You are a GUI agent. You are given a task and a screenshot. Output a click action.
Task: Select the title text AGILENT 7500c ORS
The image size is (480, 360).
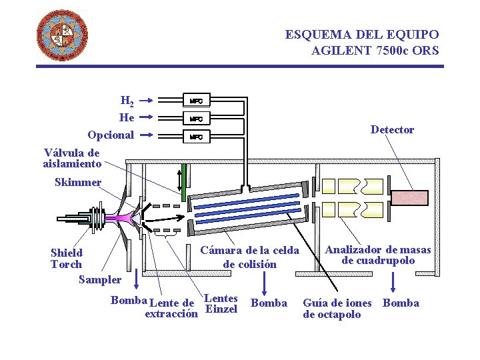pos(375,49)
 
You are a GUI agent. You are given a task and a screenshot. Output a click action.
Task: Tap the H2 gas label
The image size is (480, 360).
pos(127,101)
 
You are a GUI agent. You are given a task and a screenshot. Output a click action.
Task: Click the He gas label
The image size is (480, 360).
pos(127,118)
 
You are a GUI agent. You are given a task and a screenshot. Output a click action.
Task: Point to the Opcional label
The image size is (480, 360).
pos(111,135)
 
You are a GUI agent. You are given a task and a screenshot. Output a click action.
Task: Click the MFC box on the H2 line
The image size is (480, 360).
pos(197,101)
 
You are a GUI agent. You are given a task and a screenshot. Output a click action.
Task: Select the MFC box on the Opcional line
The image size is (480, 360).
pos(197,137)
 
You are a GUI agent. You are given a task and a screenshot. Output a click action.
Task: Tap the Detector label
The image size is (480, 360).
pos(392,130)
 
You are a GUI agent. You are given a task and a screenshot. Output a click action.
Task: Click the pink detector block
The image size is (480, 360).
pos(410,197)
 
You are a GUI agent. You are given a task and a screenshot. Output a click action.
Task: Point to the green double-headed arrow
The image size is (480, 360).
pos(179,178)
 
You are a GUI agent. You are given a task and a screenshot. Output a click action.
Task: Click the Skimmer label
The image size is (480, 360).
pos(78,183)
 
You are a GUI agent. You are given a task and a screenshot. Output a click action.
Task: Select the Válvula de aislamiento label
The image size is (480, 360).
pos(72,158)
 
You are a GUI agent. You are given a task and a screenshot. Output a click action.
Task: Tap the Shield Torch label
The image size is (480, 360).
pos(67,259)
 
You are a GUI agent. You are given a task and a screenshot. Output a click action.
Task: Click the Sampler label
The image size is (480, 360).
pos(100,280)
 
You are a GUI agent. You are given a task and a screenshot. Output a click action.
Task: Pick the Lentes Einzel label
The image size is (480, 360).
pos(222,304)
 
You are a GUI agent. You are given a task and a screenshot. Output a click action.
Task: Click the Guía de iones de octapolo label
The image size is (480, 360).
pos(337,309)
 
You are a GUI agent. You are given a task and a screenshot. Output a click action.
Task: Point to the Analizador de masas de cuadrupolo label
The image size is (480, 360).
pos(378,255)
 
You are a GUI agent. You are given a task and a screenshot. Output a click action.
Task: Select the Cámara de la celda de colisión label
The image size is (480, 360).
pos(249,257)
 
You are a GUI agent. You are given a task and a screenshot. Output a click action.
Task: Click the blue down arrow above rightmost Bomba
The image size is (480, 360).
pos(394,282)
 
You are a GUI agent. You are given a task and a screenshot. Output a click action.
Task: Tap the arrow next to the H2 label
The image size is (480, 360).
pos(147,101)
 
